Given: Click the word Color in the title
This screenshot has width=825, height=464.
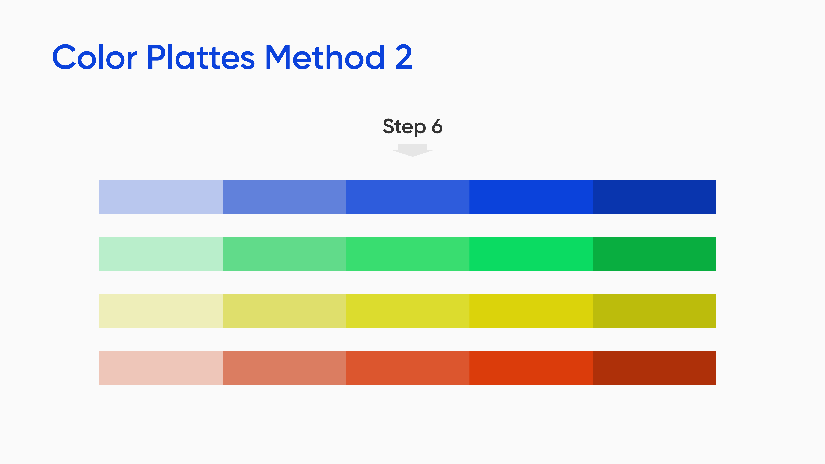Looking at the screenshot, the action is (95, 57).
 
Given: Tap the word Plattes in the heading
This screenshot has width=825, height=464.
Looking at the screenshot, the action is (201, 57).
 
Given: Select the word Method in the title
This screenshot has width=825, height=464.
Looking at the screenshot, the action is (325, 57).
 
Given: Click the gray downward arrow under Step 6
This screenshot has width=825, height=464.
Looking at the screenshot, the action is (412, 150).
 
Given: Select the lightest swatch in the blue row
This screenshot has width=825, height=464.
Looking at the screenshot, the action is (161, 197).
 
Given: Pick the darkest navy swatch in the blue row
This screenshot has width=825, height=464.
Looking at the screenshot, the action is (654, 197).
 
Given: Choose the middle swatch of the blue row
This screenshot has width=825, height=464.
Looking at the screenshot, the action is (408, 197).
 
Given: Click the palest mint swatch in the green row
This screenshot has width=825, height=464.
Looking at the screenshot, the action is (161, 254).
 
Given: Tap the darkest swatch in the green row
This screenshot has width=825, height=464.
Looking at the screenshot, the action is (654, 254).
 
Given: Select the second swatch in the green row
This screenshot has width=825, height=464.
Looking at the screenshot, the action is (284, 254).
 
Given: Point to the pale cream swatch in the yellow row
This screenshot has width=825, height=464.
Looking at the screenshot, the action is (161, 311).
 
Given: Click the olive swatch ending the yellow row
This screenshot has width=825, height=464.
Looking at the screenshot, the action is (654, 311).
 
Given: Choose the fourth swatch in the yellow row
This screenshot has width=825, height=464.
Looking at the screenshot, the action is (531, 311).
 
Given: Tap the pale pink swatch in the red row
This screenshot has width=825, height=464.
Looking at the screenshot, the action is (161, 368).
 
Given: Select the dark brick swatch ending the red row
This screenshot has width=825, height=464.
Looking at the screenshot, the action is (654, 368).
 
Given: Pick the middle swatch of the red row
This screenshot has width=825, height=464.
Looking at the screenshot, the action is (408, 368).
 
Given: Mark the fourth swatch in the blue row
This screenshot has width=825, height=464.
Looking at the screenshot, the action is (531, 197).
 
